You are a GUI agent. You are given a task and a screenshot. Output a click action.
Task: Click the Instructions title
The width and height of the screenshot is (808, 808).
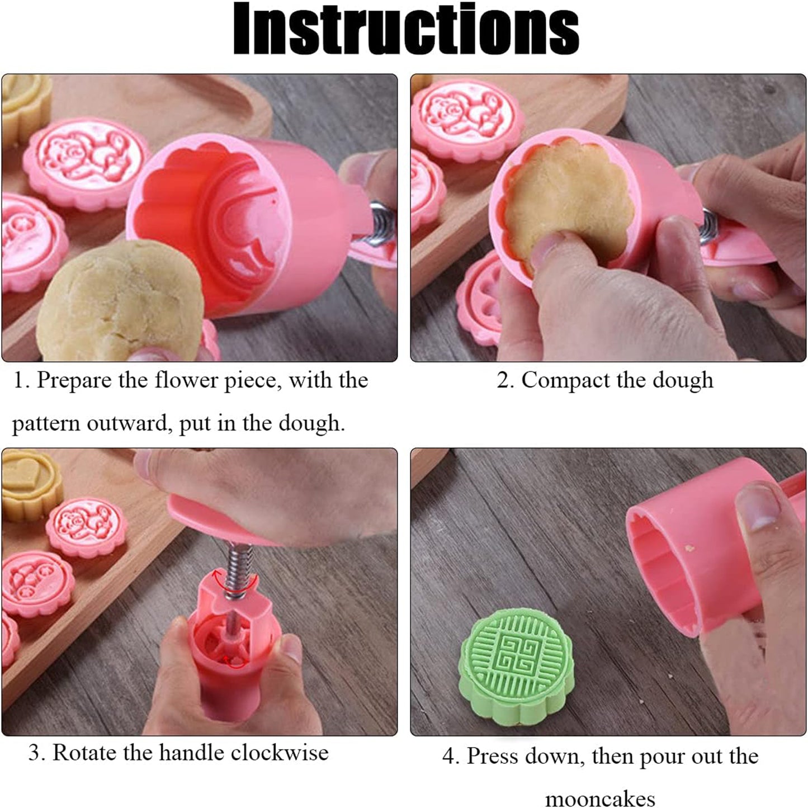(406, 29)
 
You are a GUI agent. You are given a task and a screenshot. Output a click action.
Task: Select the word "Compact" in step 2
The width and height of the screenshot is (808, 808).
(565, 381)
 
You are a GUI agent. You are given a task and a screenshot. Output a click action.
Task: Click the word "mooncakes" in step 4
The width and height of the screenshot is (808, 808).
(600, 798)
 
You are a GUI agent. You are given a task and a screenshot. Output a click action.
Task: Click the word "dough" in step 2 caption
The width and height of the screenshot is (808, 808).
(683, 381)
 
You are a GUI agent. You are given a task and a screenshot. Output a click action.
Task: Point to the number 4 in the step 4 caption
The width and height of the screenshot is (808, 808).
(449, 757)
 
